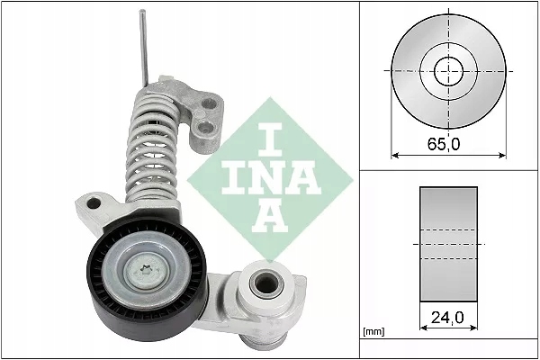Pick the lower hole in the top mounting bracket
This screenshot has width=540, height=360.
206,135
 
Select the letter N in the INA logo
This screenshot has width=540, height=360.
270,179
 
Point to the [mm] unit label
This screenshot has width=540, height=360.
373,333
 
